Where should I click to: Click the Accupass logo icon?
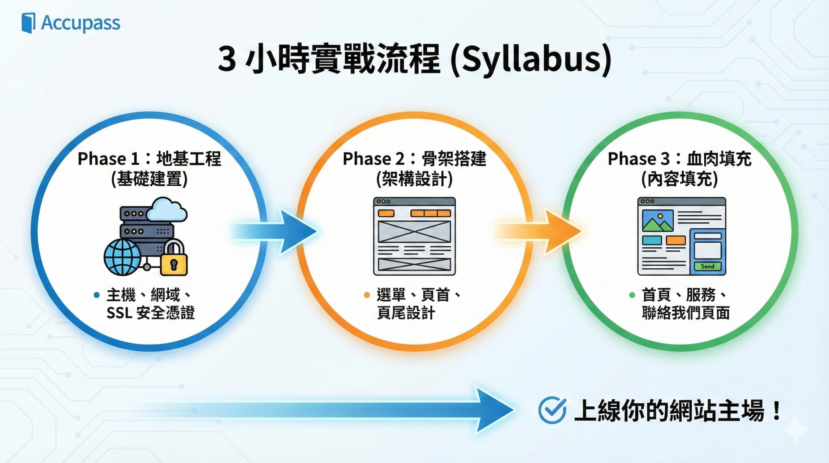28,23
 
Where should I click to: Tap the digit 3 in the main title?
226,59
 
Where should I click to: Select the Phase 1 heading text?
149,159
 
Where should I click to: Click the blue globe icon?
122,257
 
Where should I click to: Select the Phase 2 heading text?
414,159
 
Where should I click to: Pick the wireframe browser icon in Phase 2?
414,236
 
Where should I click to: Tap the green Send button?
707,266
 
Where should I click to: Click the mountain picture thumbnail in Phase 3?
658,221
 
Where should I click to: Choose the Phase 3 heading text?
679,159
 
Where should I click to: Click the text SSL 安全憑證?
151,313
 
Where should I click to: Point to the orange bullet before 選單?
367,295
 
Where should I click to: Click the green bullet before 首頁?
632,295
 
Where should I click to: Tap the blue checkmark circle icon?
552,410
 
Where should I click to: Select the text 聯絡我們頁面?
686,313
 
